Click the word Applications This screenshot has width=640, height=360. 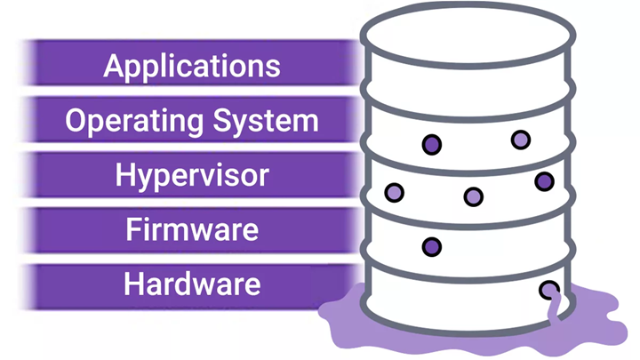pos(192,66)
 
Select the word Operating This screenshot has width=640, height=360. pos(134,122)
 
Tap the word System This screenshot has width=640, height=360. pos(266,122)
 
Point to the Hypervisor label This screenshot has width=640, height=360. pos(192,176)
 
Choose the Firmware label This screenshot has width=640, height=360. pos(192,229)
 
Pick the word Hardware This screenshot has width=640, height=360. pos(192,284)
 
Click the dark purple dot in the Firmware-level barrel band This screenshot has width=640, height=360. pos(432,247)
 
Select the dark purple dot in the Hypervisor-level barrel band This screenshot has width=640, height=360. pos(545,181)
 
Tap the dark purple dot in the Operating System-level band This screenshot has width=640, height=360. pos(432,145)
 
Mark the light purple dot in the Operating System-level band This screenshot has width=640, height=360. pos(521,140)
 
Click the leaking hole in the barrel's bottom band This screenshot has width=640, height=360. pos(549,290)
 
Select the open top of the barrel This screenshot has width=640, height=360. pos(468,35)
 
